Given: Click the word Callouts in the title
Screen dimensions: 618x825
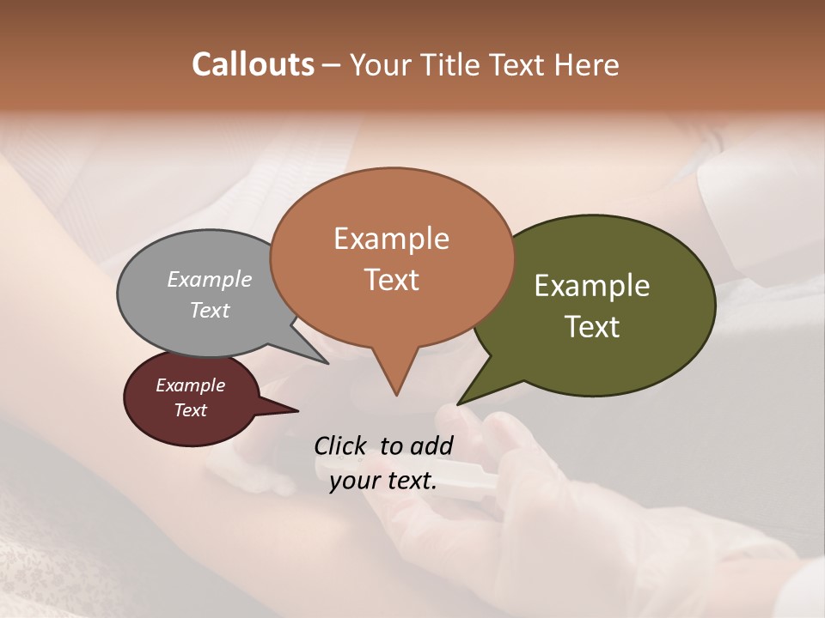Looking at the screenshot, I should [253, 64].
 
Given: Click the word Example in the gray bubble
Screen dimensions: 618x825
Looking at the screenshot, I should [210, 279].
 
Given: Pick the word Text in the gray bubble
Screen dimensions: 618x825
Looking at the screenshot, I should [210, 310].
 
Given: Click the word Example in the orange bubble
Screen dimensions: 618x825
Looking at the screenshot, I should [391, 239].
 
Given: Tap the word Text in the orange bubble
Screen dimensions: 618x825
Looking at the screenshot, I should [391, 280].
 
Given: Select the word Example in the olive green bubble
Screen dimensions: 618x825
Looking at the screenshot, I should [592, 286].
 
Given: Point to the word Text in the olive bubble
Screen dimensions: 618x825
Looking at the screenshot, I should [592, 327].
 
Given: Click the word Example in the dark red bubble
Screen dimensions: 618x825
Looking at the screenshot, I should [190, 385].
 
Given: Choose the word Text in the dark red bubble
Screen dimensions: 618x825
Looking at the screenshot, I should [190, 410].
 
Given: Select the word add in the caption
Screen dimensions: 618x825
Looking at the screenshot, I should [432, 445].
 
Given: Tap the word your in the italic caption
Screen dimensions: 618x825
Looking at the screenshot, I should [353, 482].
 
